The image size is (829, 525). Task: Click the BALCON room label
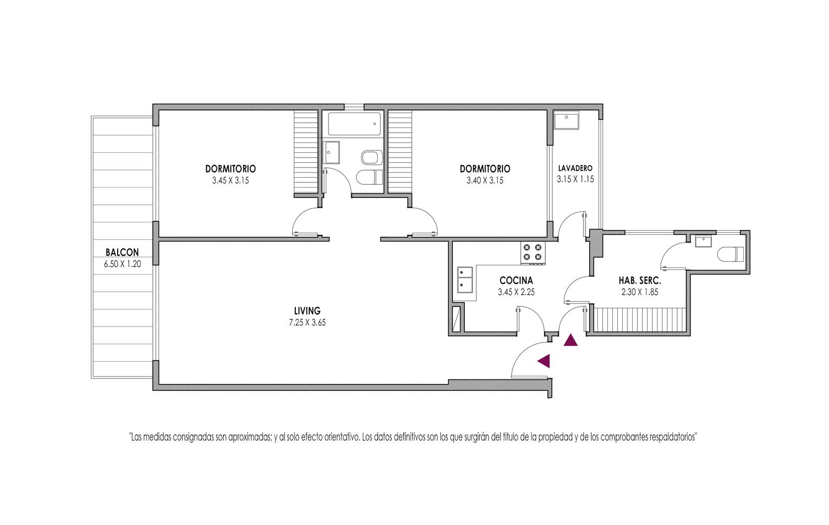(122, 252)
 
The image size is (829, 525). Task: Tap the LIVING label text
(307, 310)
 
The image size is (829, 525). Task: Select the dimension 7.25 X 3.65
(307, 322)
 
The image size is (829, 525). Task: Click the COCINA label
(516, 280)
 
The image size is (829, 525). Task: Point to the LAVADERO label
(575, 168)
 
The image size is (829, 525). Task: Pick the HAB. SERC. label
(639, 280)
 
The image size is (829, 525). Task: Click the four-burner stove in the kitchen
(533, 253)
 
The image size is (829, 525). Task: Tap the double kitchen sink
(465, 279)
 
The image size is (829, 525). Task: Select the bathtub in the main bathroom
(354, 124)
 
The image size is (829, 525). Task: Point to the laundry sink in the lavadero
(567, 120)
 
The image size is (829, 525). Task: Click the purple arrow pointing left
(544, 361)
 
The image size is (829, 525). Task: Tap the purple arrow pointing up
(570, 340)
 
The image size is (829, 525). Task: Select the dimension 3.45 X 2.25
(516, 292)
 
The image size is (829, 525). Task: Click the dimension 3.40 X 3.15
(485, 181)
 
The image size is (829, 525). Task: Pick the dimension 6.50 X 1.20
(122, 264)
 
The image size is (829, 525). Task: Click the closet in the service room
(639, 319)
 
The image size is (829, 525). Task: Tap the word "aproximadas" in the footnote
(250, 437)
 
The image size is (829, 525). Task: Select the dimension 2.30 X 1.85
(639, 292)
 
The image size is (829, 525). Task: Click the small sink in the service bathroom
(703, 242)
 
